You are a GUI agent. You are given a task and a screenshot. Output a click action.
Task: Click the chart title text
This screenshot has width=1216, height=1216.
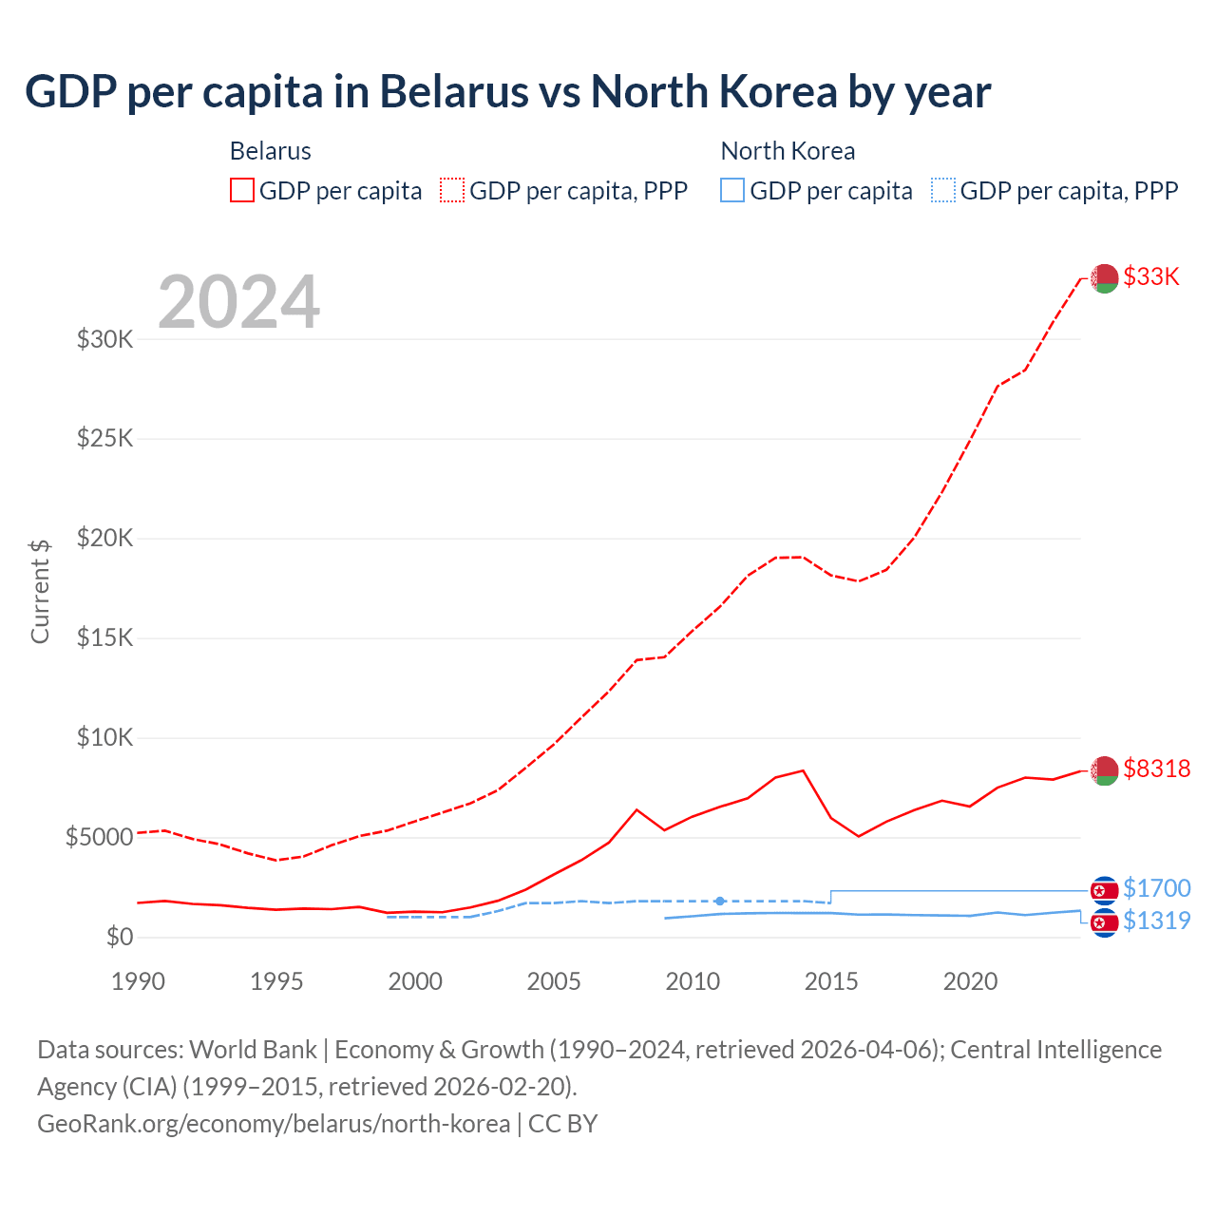507,92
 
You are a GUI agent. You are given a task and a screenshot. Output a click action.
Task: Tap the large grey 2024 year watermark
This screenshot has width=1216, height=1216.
238,302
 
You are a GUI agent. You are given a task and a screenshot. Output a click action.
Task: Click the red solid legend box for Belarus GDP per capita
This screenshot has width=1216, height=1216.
242,190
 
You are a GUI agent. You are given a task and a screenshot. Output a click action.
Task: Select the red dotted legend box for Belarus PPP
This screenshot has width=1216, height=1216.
452,190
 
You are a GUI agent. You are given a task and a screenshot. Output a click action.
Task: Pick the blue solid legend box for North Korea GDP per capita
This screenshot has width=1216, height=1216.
732,190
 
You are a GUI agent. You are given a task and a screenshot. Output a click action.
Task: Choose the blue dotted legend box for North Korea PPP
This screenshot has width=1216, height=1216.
943,190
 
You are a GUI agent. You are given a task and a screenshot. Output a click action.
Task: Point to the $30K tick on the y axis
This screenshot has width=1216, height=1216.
104,339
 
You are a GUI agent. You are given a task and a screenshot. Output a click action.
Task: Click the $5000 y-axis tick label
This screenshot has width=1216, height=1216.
99,837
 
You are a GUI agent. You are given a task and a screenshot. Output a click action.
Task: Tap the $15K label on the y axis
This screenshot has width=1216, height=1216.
104,637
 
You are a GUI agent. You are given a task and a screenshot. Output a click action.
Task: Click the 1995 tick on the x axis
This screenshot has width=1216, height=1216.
276,981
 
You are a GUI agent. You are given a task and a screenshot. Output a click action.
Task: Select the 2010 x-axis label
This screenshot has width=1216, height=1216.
693,981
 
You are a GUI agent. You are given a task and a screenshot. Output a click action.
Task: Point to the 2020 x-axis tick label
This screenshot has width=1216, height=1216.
970,981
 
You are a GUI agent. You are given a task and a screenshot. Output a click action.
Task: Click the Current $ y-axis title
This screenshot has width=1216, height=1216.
40,591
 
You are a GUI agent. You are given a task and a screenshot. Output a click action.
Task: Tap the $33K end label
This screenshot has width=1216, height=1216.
1150,276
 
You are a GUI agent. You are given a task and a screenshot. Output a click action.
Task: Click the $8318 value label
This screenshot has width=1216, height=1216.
1156,769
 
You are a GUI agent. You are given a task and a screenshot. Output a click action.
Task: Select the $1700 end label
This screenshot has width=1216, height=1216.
1156,888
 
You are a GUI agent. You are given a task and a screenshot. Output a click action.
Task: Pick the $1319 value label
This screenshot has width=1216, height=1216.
1156,921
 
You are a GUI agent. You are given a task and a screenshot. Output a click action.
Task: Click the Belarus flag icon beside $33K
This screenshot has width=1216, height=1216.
1104,278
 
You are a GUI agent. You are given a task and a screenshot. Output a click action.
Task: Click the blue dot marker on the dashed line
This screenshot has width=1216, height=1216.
720,901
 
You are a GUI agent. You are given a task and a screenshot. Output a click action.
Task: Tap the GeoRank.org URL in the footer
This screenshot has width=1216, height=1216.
274,1124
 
